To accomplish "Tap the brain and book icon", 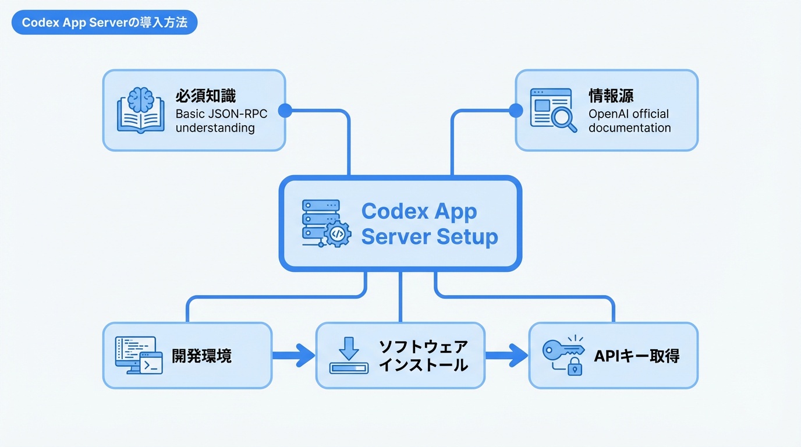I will (x=140, y=109).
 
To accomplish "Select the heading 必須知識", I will (x=205, y=96).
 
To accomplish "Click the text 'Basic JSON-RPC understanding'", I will (x=221, y=120).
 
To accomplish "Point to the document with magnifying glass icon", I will (x=553, y=109).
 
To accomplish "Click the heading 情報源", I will (x=611, y=96).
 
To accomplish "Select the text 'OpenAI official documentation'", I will (x=629, y=120).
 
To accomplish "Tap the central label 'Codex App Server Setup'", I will (x=430, y=224).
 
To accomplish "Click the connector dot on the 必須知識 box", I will (x=285, y=110).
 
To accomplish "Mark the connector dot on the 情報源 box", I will (x=516, y=110).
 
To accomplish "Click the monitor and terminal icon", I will (x=139, y=355).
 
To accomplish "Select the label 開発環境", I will (x=201, y=356).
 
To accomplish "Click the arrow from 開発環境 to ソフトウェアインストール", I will (x=294, y=355).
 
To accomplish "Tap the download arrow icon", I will (x=349, y=355).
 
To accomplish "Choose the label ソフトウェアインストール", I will (x=423, y=356).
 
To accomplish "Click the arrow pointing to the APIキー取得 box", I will (x=507, y=355).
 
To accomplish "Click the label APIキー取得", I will (x=636, y=356).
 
